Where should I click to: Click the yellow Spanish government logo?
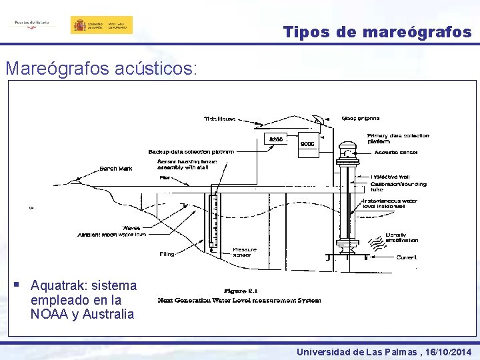pyautogui.click(x=101, y=25)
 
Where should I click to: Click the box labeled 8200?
pyautogui.click(x=275, y=139)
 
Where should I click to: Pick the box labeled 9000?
pyautogui.click(x=307, y=144)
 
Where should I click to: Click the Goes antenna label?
pyautogui.click(x=361, y=119)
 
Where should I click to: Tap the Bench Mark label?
pyautogui.click(x=116, y=168)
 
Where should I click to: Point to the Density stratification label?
pyautogui.click(x=402, y=237)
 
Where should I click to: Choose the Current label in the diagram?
pyautogui.click(x=406, y=257)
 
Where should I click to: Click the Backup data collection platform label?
pyautogui.click(x=191, y=152)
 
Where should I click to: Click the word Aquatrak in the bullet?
pyautogui.click(x=55, y=286)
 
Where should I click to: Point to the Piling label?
pyautogui.click(x=166, y=254)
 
